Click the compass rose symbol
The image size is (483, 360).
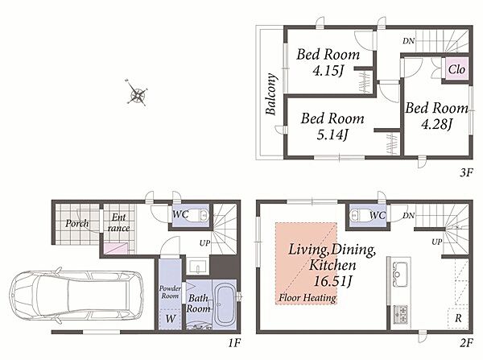click(x=137, y=93)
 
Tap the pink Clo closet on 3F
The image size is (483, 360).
click(x=456, y=69)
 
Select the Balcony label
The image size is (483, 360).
click(x=270, y=94)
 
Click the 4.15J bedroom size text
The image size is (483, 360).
click(x=328, y=71)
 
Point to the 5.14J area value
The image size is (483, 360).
click(x=332, y=134)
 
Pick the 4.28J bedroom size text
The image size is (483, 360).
click(x=436, y=124)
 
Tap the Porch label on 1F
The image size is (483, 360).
click(x=77, y=223)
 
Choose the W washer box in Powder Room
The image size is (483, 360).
click(x=170, y=319)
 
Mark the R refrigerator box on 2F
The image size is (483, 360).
click(x=458, y=318)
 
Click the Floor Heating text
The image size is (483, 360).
click(x=308, y=298)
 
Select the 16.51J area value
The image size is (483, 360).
click(x=332, y=281)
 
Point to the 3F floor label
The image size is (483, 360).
click(x=466, y=172)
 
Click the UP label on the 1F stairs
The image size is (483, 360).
click(x=204, y=243)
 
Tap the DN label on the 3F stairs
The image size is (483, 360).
click(x=408, y=41)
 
